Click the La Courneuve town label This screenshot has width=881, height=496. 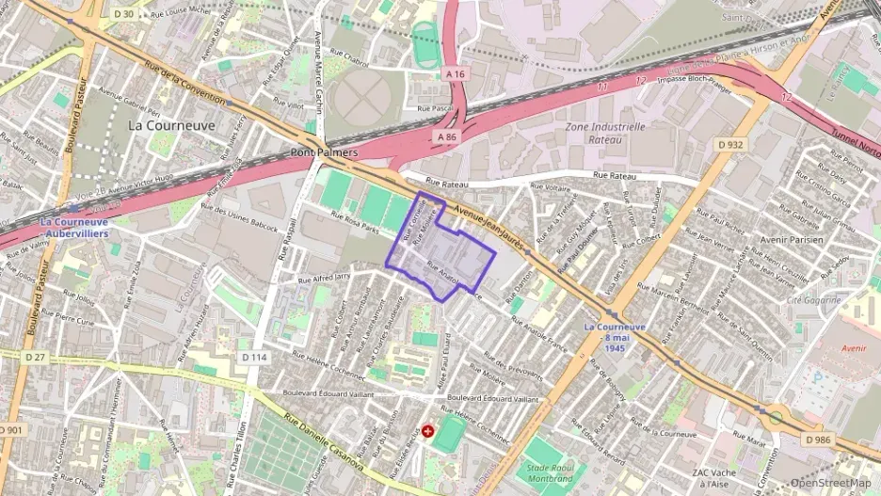[x=171, y=124]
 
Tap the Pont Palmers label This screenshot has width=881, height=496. [x=325, y=152]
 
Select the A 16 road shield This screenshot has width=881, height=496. [x=456, y=73]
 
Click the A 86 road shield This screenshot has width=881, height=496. [x=447, y=136]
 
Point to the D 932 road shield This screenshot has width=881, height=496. [x=729, y=144]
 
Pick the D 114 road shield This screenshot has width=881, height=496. [x=253, y=357]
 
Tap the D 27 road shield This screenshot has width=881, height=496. [x=35, y=357]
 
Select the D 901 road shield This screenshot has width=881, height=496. [x=10, y=430]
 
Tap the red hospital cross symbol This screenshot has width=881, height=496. [x=428, y=431]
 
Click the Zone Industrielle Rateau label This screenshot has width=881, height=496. [x=605, y=132]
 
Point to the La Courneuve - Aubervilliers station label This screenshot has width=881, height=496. [x=74, y=227]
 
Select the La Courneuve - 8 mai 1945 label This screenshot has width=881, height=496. [x=615, y=337]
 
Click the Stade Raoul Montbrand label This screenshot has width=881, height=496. [x=551, y=473]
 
